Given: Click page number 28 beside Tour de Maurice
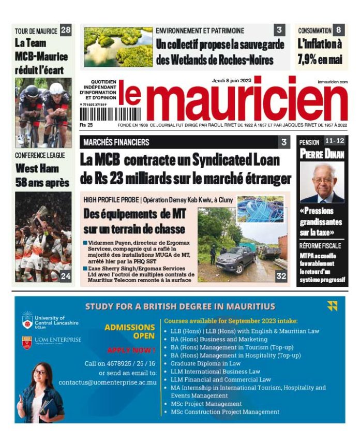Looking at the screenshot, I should tap(66, 31).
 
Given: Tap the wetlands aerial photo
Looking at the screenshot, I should tap(118, 47).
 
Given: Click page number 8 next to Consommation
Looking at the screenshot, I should tap(338, 31).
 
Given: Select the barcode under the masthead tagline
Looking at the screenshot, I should tap(110, 113).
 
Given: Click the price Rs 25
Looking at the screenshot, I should tap(86, 125).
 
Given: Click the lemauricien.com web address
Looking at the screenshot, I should tap(332, 82).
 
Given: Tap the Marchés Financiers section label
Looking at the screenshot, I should tap(116, 142).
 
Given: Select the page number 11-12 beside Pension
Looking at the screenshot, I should tap(335, 141).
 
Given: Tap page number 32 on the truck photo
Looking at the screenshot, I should tap(281, 276).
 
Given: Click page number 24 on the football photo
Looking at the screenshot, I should tap(66, 276).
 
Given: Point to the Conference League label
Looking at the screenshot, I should tap(40, 155).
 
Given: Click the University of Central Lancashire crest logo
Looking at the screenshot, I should tap(27, 320).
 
